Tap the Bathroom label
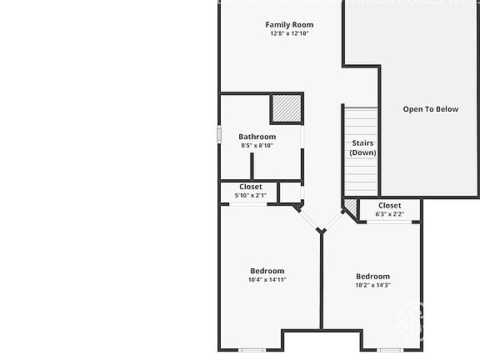click(x=257, y=137)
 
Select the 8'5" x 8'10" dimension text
click(x=257, y=146)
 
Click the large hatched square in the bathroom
click(x=286, y=109)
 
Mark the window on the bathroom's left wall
click(x=220, y=134)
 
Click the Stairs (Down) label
click(x=362, y=147)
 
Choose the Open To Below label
click(x=430, y=109)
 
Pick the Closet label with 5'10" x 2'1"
click(x=250, y=187)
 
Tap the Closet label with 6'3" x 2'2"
click(x=389, y=205)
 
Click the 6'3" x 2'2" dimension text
click(x=389, y=214)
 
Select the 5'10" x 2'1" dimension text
click(x=250, y=195)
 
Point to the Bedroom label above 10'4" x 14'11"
click(x=267, y=271)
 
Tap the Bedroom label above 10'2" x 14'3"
click(x=372, y=277)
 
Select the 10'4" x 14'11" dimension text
click(x=267, y=280)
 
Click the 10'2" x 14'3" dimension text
click(x=372, y=285)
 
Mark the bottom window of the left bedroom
click(x=252, y=350)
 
